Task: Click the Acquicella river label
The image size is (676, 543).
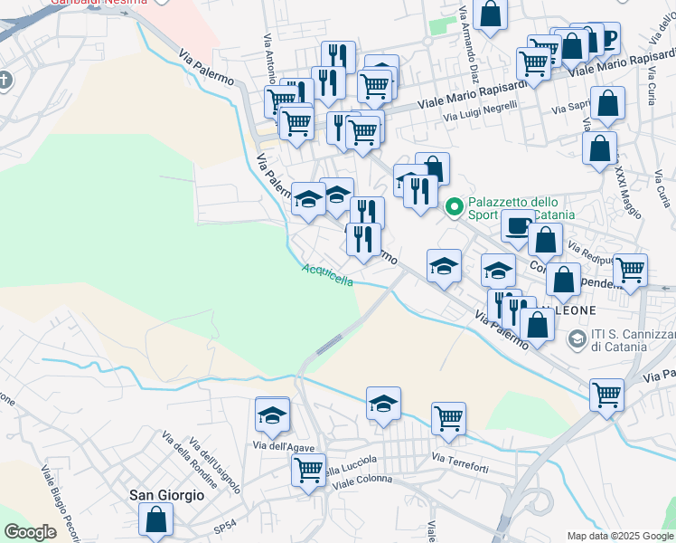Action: point(328,274)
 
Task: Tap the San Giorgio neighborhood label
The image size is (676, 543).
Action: point(167,495)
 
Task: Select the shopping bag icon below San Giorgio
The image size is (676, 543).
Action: point(155,519)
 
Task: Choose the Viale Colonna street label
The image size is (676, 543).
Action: point(362,479)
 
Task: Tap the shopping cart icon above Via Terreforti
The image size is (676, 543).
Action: point(448,418)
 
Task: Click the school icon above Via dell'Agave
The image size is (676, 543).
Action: point(272,414)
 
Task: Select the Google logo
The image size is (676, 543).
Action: point(30,532)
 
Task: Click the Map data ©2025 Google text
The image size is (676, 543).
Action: point(620,536)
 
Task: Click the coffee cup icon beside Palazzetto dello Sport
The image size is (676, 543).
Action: point(518,224)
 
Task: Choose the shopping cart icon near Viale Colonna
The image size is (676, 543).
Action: point(308,470)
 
